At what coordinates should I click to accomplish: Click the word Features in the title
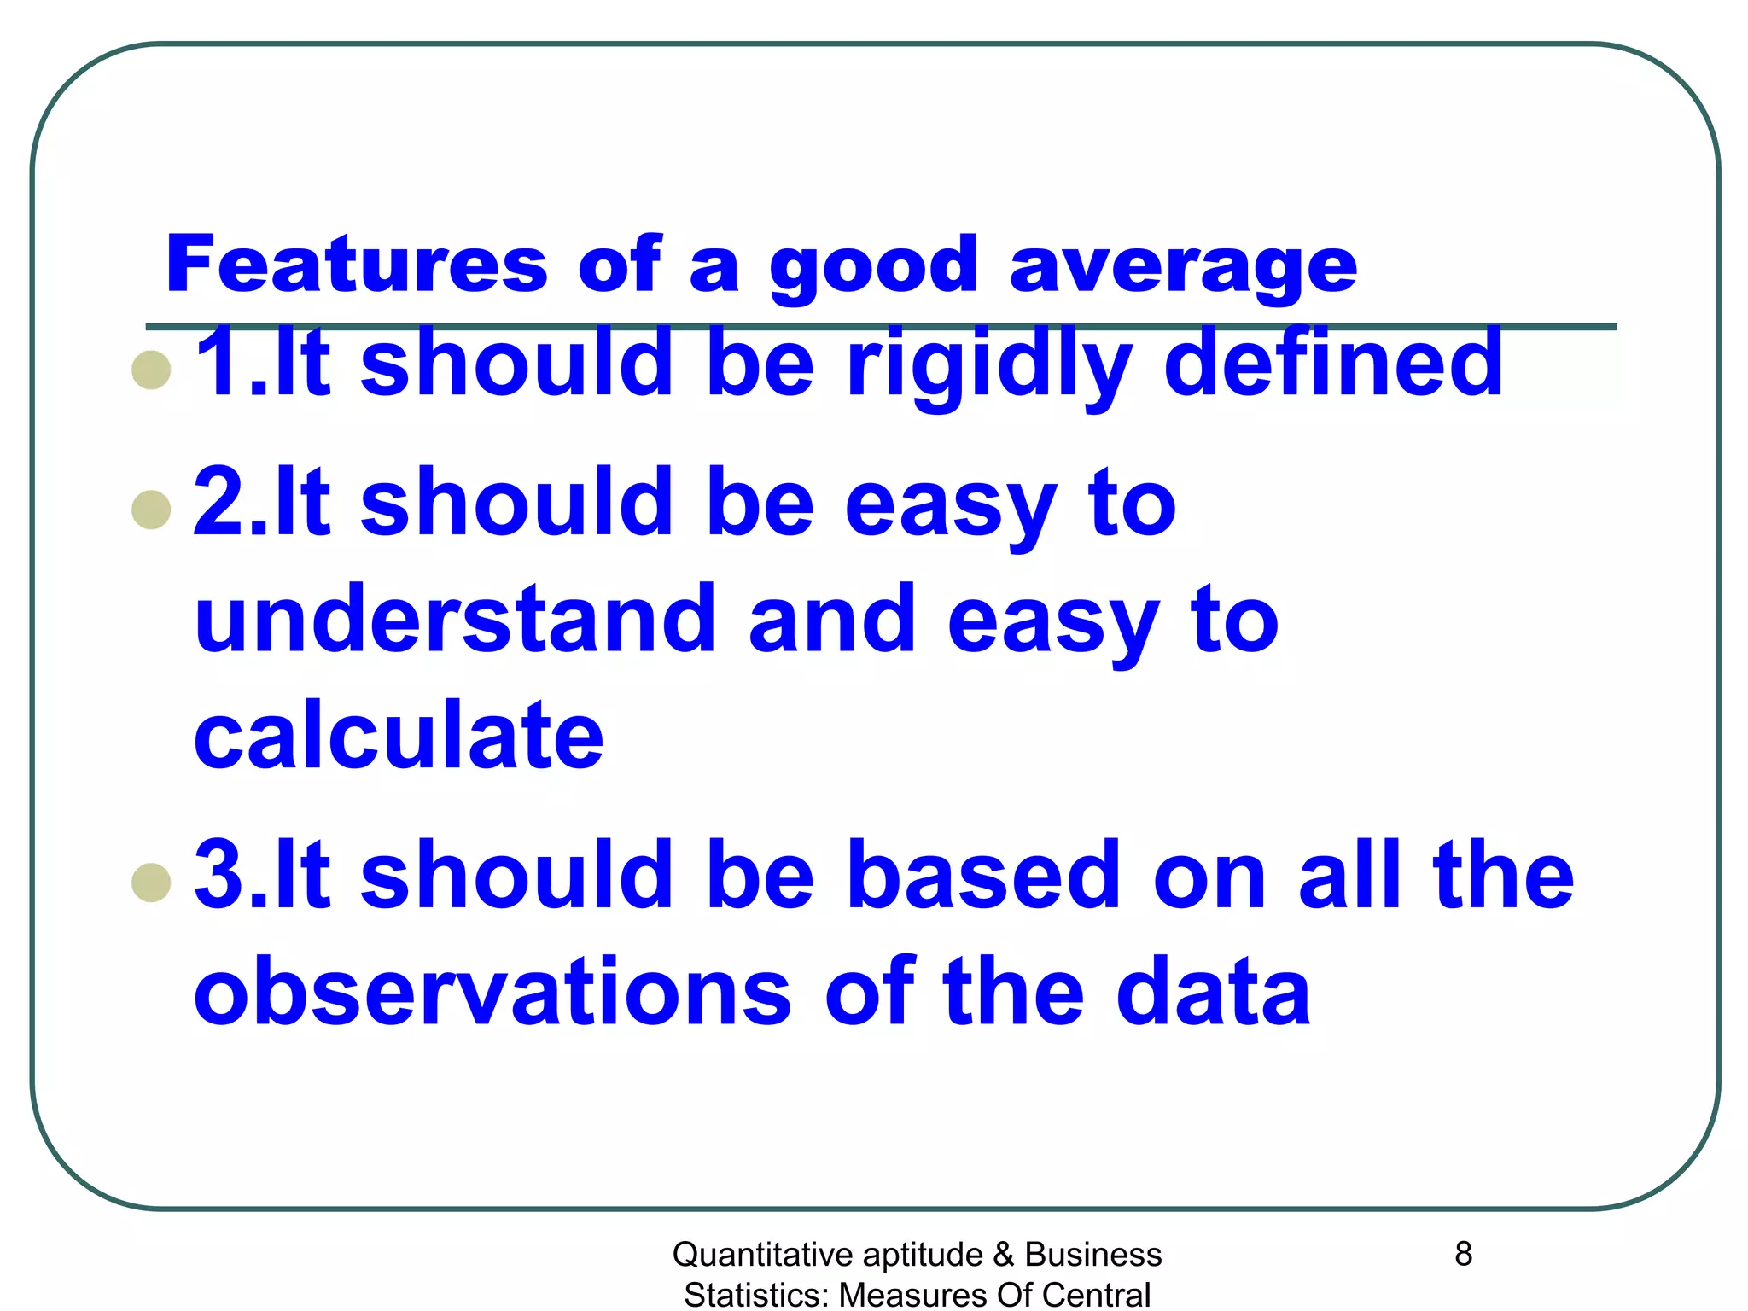coord(356,265)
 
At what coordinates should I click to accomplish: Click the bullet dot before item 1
coord(152,370)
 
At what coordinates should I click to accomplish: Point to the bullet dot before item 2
coord(152,510)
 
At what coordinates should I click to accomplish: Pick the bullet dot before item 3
coord(152,883)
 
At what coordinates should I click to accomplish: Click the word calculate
coord(399,736)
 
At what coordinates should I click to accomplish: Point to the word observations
coord(492,993)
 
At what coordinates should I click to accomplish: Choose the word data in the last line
coord(1213,993)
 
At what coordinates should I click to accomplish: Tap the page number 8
coord(1463,1254)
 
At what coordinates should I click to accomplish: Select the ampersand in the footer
coord(1004,1255)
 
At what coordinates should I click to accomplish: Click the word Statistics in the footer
coord(756,1295)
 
